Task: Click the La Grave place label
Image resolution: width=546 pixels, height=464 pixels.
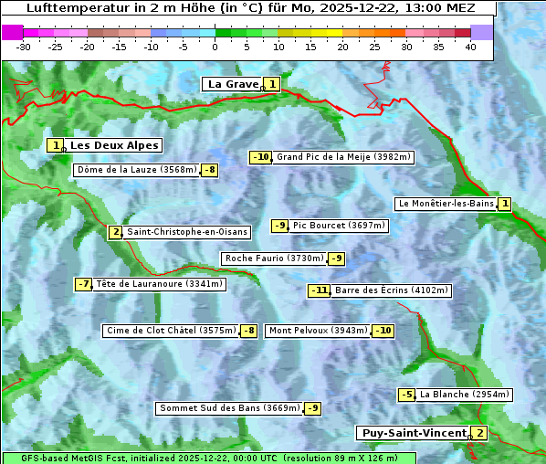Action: [x=233, y=84]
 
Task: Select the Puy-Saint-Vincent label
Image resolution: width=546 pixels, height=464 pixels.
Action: [x=415, y=433]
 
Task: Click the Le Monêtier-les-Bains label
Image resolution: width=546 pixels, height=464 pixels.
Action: [x=446, y=204]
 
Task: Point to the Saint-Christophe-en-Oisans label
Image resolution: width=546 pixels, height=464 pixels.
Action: [x=174, y=232]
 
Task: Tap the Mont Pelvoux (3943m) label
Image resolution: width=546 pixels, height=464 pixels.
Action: [x=318, y=331]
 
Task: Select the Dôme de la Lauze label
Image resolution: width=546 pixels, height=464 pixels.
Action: [x=136, y=170]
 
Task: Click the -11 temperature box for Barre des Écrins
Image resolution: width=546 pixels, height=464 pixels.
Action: [x=319, y=290]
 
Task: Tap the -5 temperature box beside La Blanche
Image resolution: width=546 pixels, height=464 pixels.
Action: [x=406, y=395]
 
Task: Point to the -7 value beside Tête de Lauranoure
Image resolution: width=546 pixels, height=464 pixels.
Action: [x=84, y=284]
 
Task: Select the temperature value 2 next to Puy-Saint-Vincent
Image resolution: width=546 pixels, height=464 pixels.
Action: [x=479, y=433]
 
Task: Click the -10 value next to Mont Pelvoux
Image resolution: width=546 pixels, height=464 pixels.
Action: [x=383, y=331]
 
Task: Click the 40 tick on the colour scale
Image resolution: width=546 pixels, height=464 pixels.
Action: [x=470, y=47]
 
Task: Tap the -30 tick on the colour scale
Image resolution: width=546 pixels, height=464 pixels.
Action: [x=24, y=47]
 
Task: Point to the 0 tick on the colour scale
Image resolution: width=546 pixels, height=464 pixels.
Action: [x=215, y=47]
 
